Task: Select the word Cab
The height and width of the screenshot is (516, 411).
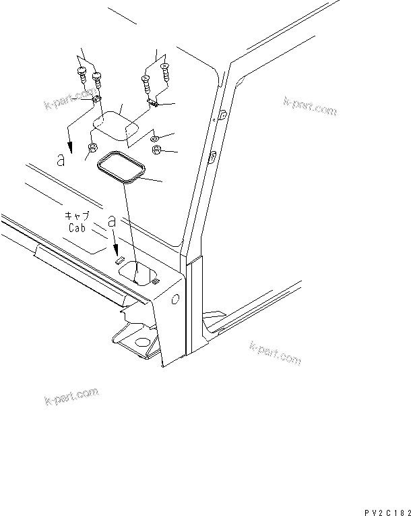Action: tap(80, 228)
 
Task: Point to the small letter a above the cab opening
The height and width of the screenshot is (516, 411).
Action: tap(112, 221)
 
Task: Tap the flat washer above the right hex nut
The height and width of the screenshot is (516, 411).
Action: tap(155, 138)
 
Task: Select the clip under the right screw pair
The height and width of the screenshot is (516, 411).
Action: tap(152, 103)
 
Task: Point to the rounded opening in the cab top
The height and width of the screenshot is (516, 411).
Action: tap(142, 273)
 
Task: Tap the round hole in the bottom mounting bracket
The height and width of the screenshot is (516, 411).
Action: tap(141, 343)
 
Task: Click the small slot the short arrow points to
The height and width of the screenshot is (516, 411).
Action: tap(118, 258)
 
